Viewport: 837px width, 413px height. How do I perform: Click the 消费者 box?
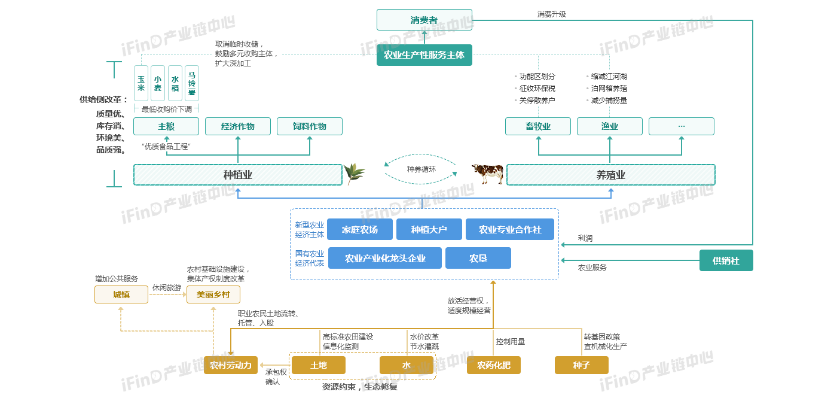coord(424,20)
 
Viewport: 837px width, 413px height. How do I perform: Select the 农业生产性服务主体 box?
coord(424,55)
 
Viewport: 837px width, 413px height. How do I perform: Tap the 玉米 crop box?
coord(141,83)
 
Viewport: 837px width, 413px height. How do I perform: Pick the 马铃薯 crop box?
coord(192,83)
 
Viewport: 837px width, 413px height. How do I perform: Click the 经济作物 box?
coord(238,126)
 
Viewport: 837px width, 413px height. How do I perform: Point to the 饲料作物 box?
coord(310,126)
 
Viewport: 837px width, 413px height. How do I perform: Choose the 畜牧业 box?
coord(538,126)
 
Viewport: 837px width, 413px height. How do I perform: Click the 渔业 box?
coord(610,126)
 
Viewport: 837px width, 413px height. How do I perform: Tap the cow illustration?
coord(487,174)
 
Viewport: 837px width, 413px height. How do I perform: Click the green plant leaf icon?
coord(354,174)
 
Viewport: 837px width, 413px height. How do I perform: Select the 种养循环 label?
coord(421,169)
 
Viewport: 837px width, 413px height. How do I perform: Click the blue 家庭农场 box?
coord(360,229)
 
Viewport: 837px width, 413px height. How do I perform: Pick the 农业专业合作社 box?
coord(510,229)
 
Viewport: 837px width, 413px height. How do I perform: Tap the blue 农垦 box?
coord(478,258)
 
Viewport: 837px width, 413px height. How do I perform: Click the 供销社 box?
coord(726,260)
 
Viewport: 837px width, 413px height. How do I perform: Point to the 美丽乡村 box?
coord(213,294)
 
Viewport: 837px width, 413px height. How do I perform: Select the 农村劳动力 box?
coord(231,365)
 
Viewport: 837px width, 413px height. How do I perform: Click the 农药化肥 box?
coord(494,365)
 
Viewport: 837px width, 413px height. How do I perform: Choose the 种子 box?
coord(582,365)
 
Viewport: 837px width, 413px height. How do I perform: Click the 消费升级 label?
coord(551,14)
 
